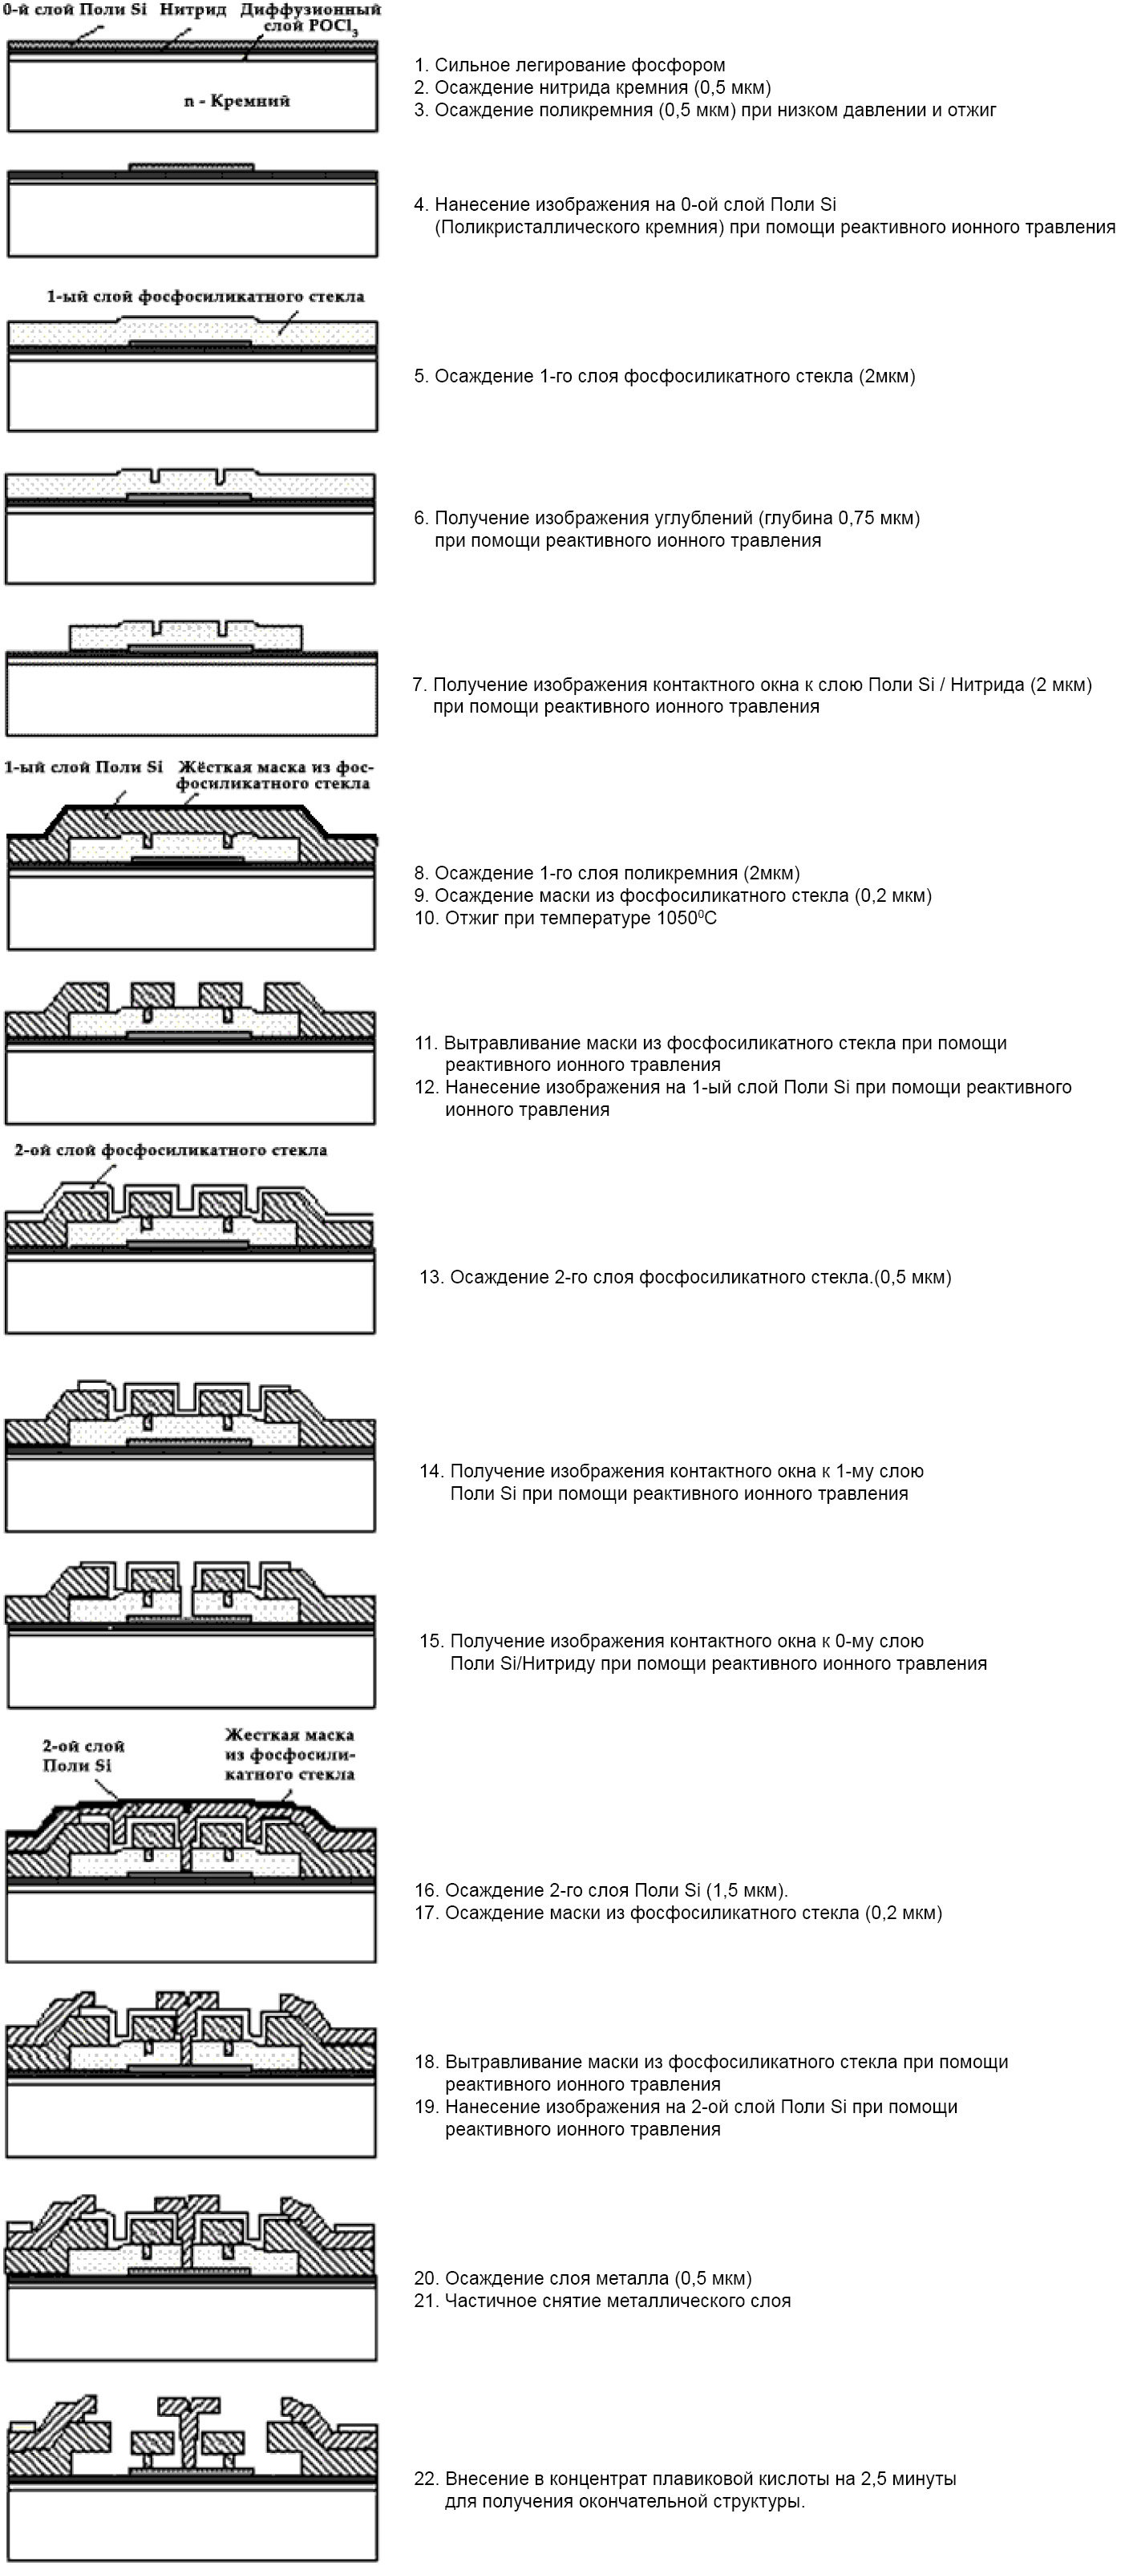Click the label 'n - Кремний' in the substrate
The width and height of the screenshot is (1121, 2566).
click(x=237, y=101)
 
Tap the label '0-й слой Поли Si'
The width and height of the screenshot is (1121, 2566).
click(x=75, y=10)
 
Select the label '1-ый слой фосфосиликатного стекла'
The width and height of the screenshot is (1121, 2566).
click(x=205, y=297)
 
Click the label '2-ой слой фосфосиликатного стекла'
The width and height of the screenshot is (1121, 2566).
click(x=170, y=1150)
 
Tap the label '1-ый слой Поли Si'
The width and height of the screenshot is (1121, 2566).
click(x=83, y=767)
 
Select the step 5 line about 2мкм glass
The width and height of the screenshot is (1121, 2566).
click(x=665, y=377)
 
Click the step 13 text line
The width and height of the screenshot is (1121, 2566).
click(x=685, y=1277)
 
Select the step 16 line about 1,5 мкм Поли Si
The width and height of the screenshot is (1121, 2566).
click(x=601, y=1891)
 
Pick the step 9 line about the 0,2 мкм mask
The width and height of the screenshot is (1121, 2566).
click(x=673, y=895)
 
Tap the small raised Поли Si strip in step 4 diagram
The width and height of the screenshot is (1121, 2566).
click(x=192, y=167)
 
